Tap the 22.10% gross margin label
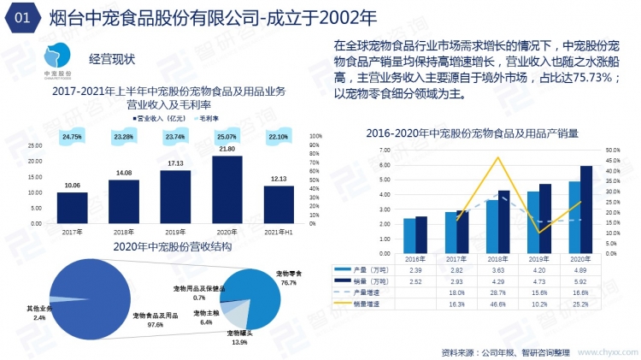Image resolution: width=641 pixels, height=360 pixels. (x=279, y=137)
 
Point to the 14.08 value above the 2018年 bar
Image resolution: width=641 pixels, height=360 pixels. (x=123, y=174)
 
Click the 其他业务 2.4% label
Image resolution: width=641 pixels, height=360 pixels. (x=39, y=312)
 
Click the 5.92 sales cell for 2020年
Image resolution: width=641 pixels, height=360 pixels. (x=580, y=280)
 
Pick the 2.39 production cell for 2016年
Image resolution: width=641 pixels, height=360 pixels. (x=416, y=269)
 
